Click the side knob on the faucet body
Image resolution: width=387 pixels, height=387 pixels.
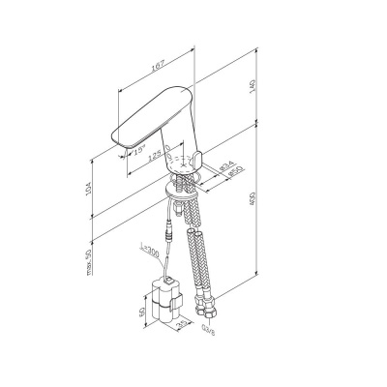(x=202, y=159)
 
